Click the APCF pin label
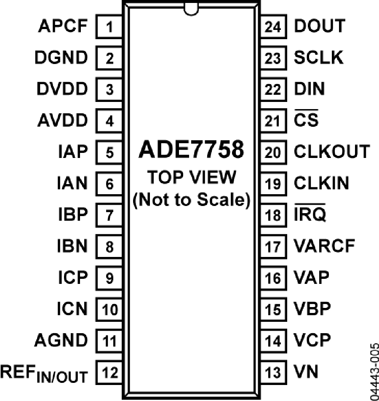[63, 26]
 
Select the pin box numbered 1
[109, 27]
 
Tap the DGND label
[61, 57]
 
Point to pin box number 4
[109, 121]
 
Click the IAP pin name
[73, 152]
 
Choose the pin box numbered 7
[109, 215]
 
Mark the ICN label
[72, 309]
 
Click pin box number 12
[109, 372]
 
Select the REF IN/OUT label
[44, 374]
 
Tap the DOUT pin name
[320, 26]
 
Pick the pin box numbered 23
[273, 58]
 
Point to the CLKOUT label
[332, 152]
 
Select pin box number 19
[273, 184]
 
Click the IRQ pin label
[310, 213]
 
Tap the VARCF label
[324, 246]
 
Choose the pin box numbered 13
[273, 372]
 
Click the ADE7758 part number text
[191, 150]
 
